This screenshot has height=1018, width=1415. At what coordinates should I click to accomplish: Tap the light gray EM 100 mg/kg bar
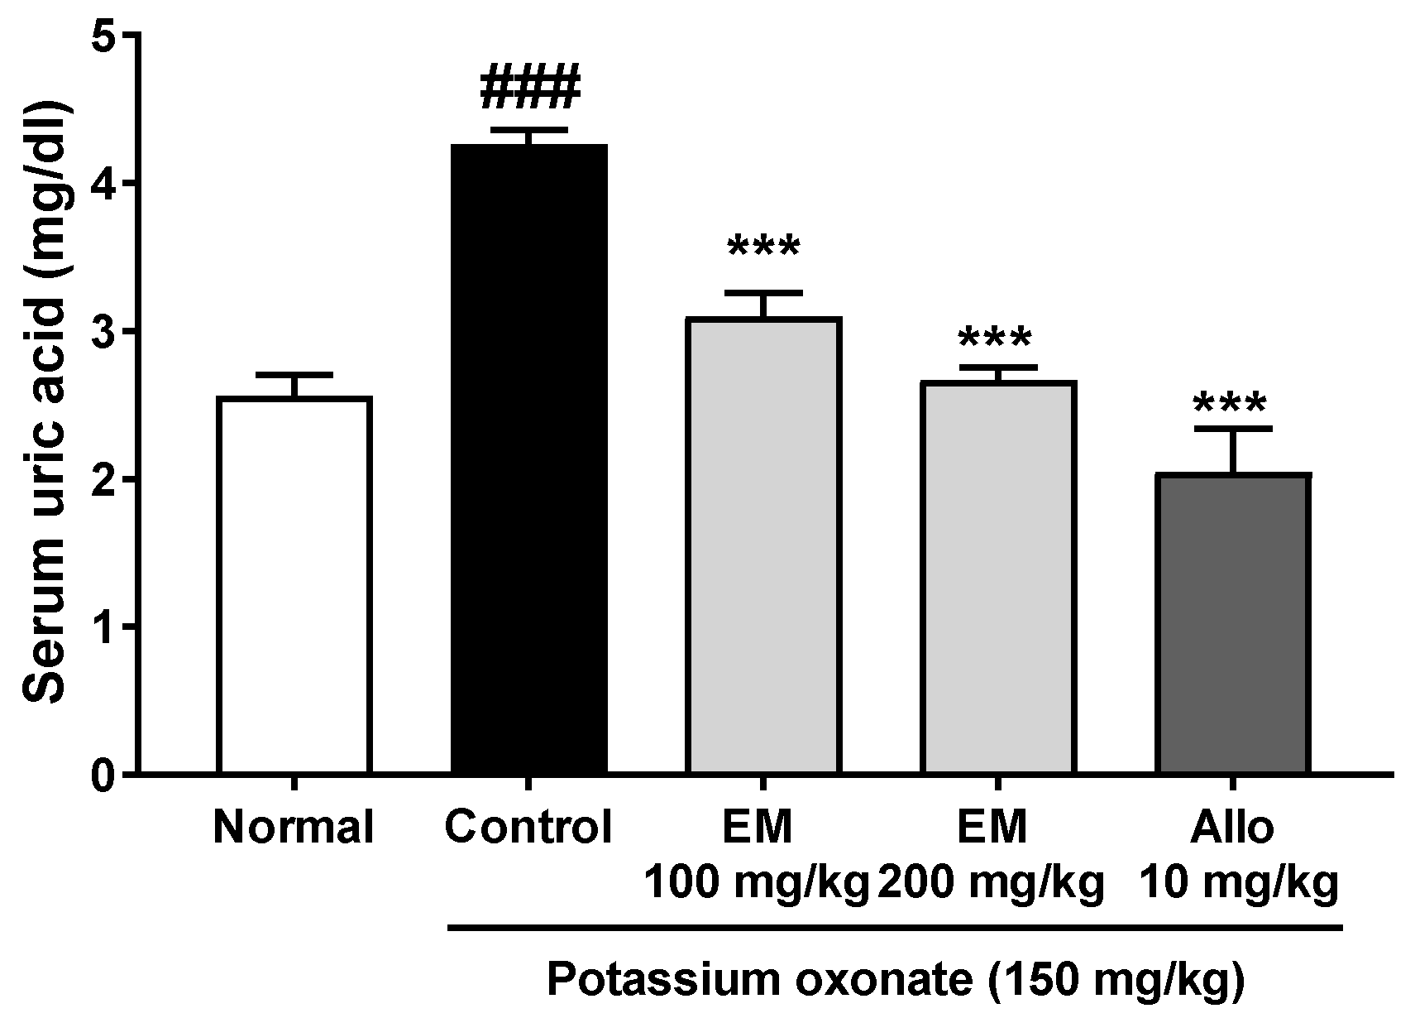[x=763, y=546]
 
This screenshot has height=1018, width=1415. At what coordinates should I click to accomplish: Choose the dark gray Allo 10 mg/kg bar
[x=1232, y=624]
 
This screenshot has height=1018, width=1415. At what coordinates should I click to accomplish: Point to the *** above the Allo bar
[x=1231, y=404]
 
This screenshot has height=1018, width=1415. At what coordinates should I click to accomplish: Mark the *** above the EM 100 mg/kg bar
[x=763, y=247]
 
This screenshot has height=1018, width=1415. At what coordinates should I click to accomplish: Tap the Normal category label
[x=294, y=827]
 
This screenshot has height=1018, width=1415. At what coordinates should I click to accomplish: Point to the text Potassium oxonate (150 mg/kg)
[x=895, y=982]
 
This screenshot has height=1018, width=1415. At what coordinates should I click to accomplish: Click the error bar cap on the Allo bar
[x=1232, y=428]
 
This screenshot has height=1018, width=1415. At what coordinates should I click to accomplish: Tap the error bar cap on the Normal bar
[x=294, y=374]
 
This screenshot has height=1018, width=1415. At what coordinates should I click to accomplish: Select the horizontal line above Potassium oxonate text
[x=895, y=929]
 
